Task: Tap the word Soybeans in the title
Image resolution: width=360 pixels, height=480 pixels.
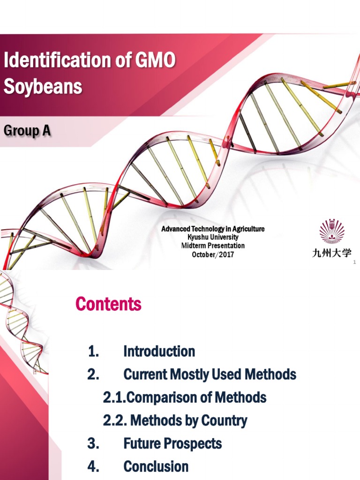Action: pyautogui.click(x=43, y=87)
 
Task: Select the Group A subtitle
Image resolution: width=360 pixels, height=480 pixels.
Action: pyautogui.click(x=27, y=131)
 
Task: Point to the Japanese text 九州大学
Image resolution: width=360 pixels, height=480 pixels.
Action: pyautogui.click(x=331, y=253)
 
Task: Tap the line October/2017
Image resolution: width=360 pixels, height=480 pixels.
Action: pyautogui.click(x=213, y=255)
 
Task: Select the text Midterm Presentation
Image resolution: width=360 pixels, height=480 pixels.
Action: pyautogui.click(x=213, y=246)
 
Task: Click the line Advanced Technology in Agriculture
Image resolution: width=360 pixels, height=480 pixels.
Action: pyautogui.click(x=213, y=229)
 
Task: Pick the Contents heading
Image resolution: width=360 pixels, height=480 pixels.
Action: pyautogui.click(x=108, y=305)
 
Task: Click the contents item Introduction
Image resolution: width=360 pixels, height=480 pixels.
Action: pyautogui.click(x=159, y=351)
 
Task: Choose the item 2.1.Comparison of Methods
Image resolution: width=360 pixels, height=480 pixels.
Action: pyautogui.click(x=185, y=397)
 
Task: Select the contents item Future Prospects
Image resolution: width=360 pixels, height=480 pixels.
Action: pyautogui.click(x=172, y=443)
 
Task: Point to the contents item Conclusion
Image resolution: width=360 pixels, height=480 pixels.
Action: pyautogui.click(x=156, y=466)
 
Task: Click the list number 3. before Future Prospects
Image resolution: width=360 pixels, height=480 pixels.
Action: pyautogui.click(x=93, y=443)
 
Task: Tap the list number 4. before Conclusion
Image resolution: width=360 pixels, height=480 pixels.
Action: pyautogui.click(x=93, y=466)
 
